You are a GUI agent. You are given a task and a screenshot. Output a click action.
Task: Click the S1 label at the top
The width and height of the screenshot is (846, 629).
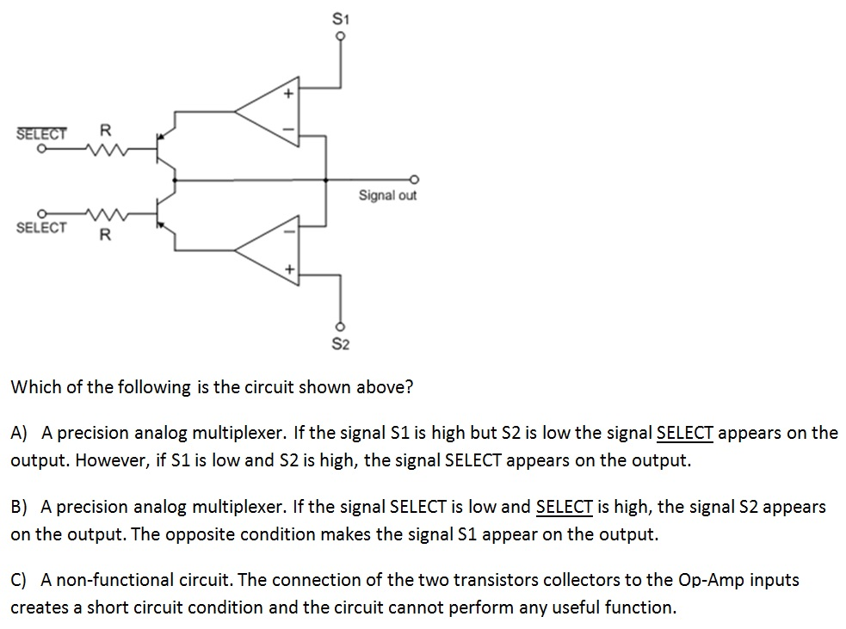(341, 17)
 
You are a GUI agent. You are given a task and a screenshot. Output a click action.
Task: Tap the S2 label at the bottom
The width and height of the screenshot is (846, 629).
(341, 344)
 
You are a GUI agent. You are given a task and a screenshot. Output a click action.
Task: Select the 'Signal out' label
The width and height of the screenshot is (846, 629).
(387, 195)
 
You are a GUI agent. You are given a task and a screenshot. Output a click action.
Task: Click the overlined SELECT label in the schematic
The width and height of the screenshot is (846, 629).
(41, 134)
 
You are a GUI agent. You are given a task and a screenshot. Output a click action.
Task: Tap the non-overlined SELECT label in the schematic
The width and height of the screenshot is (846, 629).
(41, 227)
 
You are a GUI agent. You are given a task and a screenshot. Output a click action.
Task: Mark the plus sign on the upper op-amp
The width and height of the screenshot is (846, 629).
(290, 92)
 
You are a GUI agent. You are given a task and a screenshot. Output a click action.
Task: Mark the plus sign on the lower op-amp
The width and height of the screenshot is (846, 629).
(290, 269)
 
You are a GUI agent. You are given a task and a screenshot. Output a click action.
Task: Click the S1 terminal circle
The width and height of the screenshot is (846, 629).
(341, 36)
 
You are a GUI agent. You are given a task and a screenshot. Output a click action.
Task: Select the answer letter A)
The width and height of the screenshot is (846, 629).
(20, 433)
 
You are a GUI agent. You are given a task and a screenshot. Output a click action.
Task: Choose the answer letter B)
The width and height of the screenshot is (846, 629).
(20, 507)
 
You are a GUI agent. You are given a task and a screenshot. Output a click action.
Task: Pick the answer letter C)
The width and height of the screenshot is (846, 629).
(20, 580)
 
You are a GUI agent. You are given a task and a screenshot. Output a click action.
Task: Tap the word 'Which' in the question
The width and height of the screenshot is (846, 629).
(35, 386)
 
